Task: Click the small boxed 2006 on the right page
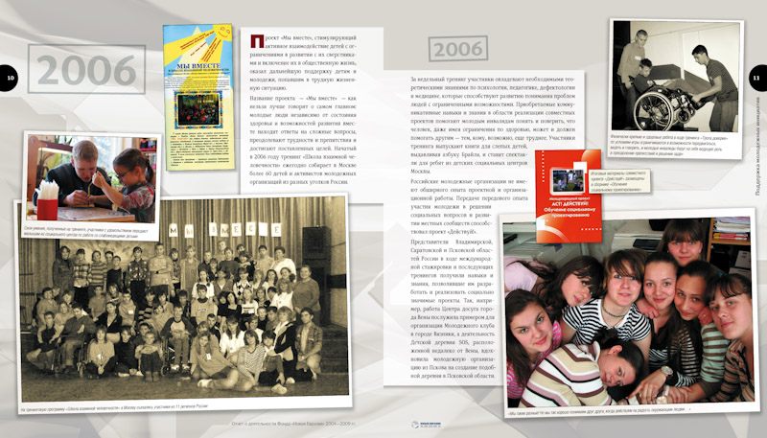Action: click(x=458, y=48)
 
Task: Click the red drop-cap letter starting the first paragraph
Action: click(x=256, y=41)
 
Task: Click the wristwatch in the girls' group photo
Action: click(x=666, y=370)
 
